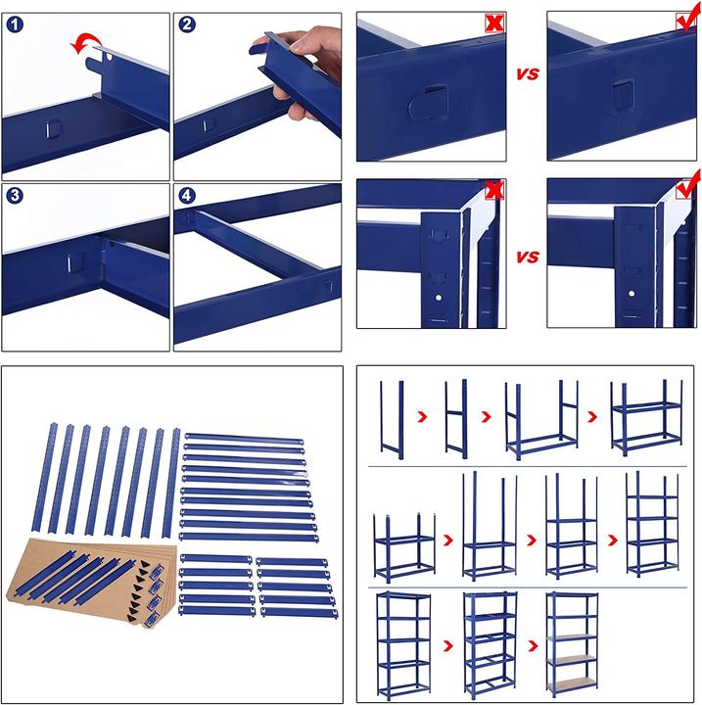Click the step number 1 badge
(14, 25)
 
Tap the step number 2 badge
(187, 25)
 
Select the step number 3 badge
(14, 195)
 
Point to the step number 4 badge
(187, 195)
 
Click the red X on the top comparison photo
(494, 23)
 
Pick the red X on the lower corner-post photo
(494, 189)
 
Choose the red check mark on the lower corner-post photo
(689, 186)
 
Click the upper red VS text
(527, 72)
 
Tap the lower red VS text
(527, 258)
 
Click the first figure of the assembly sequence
(394, 418)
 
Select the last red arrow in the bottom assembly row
(534, 646)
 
